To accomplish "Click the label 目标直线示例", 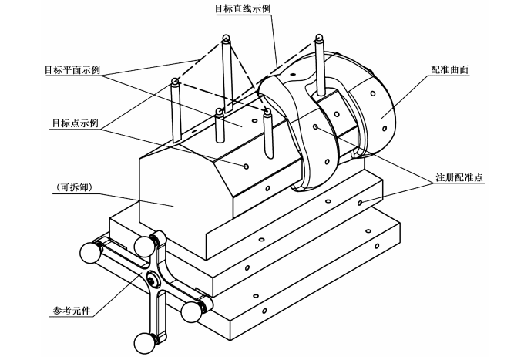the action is [x=243, y=8].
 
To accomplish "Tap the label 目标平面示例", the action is [x=72, y=70].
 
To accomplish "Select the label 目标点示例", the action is [x=75, y=123].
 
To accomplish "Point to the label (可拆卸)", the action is [x=74, y=187].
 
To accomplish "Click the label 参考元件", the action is [x=72, y=311].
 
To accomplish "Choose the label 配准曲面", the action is [x=449, y=70].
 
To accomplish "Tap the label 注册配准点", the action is [x=459, y=177].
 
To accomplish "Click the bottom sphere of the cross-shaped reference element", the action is [x=144, y=343].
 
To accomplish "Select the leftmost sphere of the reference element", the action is [x=90, y=252].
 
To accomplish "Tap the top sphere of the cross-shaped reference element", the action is [x=144, y=246].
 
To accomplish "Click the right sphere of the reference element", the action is [x=191, y=311].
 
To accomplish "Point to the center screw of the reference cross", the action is [x=152, y=281].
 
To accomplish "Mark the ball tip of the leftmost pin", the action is [x=176, y=81].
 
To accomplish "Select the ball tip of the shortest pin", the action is [x=218, y=112].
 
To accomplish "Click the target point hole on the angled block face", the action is [x=246, y=167].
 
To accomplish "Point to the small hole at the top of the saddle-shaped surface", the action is [x=294, y=74].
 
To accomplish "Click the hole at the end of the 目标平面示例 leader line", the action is [x=254, y=121].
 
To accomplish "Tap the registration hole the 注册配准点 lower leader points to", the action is [x=360, y=203].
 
